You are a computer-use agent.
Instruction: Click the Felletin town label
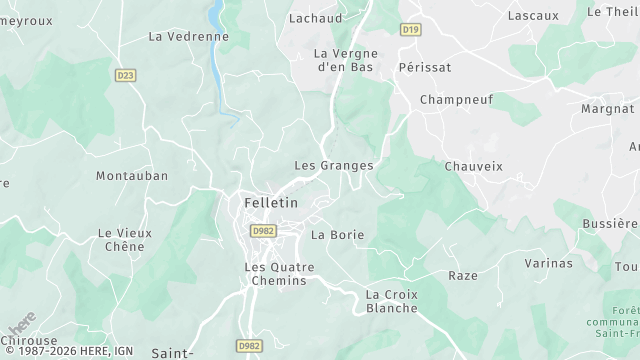pyautogui.click(x=271, y=203)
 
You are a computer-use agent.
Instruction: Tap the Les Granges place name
pyautogui.click(x=334, y=165)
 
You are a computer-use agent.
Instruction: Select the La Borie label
pyautogui.click(x=338, y=235)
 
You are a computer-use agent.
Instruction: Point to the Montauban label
pyautogui.click(x=132, y=175)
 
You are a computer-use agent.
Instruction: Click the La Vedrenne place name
pyautogui.click(x=188, y=36)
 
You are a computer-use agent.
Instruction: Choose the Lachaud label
pyautogui.click(x=315, y=18)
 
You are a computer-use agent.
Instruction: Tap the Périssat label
pyautogui.click(x=424, y=66)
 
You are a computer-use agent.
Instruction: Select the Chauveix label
pyautogui.click(x=473, y=166)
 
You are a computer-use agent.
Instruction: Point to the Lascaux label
pyautogui.click(x=533, y=15)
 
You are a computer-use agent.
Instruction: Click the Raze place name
pyautogui.click(x=463, y=275)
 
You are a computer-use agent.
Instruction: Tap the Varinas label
pyautogui.click(x=549, y=263)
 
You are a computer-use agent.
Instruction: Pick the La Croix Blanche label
pyautogui.click(x=392, y=301)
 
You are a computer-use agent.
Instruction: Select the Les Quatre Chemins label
pyautogui.click(x=279, y=274)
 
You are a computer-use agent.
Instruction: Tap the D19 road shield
pyautogui.click(x=410, y=30)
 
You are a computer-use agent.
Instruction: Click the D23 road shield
pyautogui.click(x=125, y=75)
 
